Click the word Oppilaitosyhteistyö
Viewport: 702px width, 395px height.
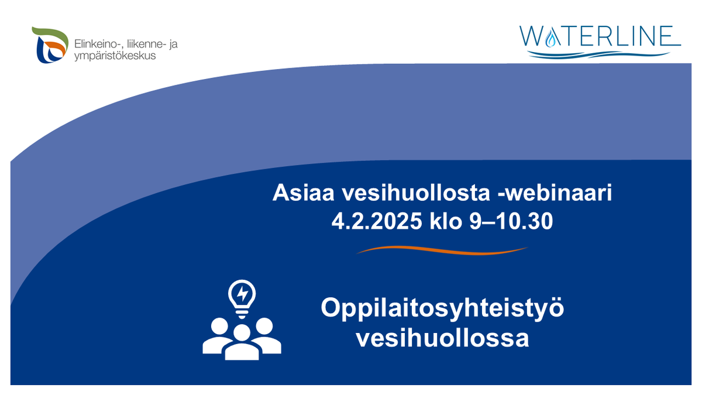442,308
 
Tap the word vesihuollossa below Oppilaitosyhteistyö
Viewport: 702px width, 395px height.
442,338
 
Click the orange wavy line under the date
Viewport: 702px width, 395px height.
442,250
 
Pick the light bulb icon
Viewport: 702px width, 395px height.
242,297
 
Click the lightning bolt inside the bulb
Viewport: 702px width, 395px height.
242,292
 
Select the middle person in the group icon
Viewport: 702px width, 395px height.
242,342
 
